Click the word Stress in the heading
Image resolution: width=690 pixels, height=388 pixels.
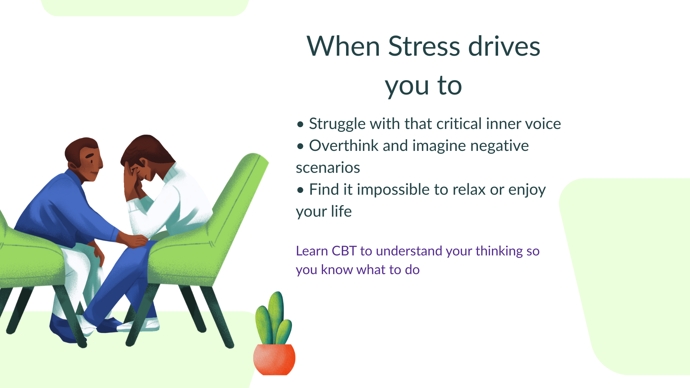(424, 46)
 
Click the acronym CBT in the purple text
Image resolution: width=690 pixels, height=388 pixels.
(344, 251)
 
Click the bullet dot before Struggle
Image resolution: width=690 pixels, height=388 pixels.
(300, 125)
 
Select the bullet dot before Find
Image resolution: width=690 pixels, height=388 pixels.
(300, 190)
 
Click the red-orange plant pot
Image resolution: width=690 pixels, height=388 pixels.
(274, 359)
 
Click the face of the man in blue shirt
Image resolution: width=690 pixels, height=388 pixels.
(92, 163)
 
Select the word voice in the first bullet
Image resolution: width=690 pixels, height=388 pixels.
(543, 124)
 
